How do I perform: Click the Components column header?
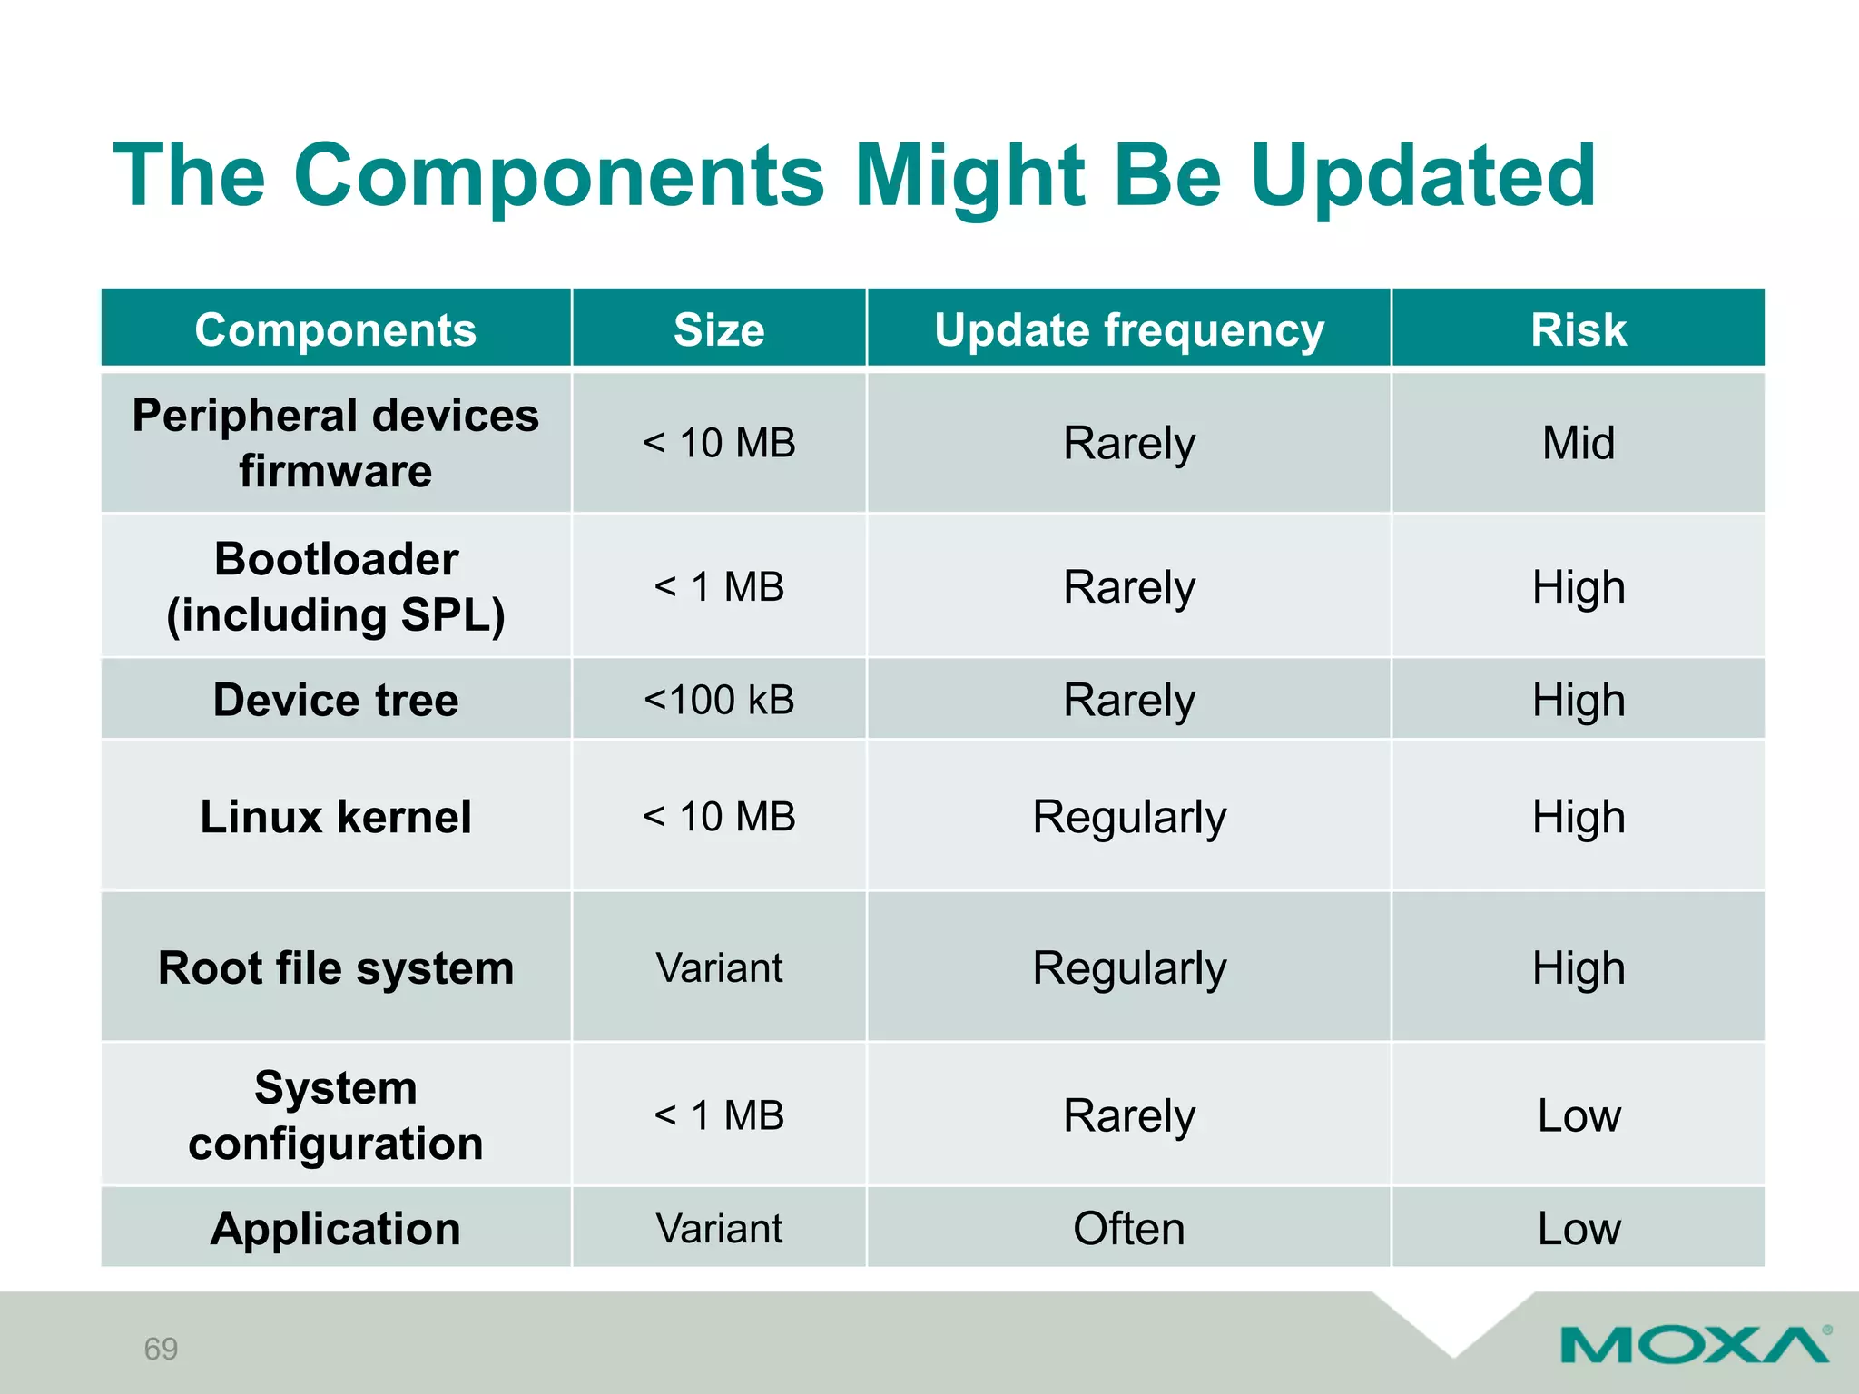[x=335, y=329]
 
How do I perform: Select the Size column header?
[x=718, y=329]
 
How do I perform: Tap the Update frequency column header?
[x=1128, y=329]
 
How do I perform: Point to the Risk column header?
[x=1578, y=329]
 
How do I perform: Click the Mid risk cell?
[x=1578, y=444]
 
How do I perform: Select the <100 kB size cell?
[x=718, y=700]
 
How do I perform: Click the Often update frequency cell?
[x=1128, y=1229]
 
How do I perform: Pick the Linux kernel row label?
[x=335, y=817]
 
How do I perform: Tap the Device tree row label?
[x=335, y=700]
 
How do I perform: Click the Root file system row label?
[x=335, y=968]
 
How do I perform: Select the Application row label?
[x=335, y=1229]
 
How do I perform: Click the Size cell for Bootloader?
[x=718, y=586]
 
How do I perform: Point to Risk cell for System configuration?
[x=1578, y=1115]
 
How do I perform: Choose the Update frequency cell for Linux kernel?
[x=1128, y=817]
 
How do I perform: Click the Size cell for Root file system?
[x=718, y=968]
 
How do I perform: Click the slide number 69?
[x=161, y=1349]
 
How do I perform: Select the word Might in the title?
[x=969, y=177]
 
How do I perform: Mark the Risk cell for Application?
[x=1578, y=1229]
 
